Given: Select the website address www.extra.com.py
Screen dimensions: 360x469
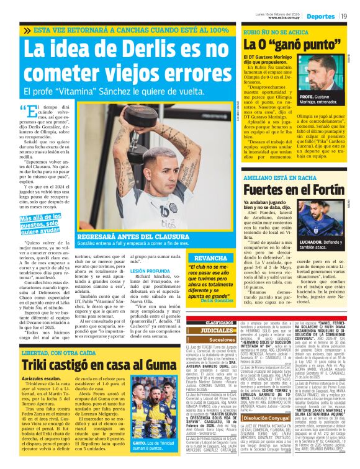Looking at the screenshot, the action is point(278,19).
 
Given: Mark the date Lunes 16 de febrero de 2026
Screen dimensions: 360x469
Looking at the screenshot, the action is point(278,11).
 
